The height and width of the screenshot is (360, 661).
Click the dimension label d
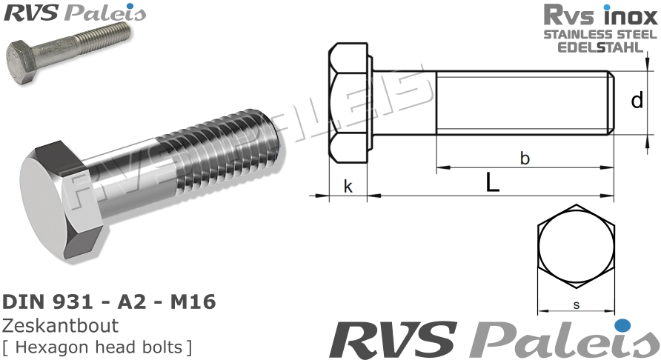(636, 100)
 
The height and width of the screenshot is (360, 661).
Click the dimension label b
(525, 158)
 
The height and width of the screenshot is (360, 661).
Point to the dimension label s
(576, 304)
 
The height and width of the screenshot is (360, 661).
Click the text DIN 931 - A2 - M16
(110, 302)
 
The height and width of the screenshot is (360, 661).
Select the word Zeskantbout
(61, 326)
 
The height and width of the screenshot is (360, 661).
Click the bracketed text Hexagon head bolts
(96, 345)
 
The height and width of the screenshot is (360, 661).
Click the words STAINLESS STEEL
(600, 34)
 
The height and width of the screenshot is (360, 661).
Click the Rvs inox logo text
(600, 15)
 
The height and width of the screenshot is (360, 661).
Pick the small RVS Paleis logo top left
(74, 13)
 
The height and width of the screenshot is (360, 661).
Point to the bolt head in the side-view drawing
(348, 103)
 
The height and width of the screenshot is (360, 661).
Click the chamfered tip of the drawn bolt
(611, 103)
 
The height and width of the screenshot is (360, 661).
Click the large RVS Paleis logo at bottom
(489, 339)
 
